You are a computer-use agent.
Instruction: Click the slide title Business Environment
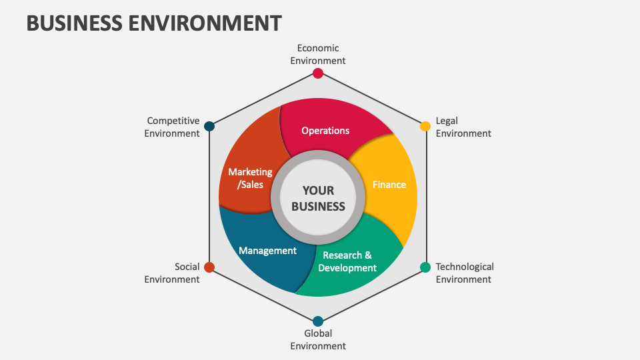click(x=154, y=23)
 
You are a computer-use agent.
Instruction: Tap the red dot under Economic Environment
click(x=318, y=73)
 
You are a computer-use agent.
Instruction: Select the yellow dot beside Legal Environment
click(x=425, y=126)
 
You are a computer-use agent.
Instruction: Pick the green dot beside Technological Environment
click(x=425, y=267)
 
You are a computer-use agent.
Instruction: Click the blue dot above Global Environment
click(x=318, y=321)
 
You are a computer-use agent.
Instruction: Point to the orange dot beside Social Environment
click(x=209, y=267)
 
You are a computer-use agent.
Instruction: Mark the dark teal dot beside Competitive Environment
click(x=209, y=126)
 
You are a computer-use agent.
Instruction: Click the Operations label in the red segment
click(x=325, y=131)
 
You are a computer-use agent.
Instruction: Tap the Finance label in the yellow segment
click(x=389, y=185)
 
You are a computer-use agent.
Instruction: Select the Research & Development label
click(x=347, y=261)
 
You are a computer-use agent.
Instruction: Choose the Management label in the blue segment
click(x=267, y=251)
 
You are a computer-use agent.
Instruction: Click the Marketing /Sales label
click(x=250, y=178)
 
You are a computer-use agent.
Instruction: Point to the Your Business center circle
click(x=319, y=198)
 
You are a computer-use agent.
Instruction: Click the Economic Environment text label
click(x=318, y=54)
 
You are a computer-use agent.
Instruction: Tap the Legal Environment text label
click(x=463, y=127)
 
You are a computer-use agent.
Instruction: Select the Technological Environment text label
click(x=465, y=273)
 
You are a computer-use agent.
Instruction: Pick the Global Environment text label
click(x=318, y=339)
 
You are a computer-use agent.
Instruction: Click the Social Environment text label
click(x=172, y=273)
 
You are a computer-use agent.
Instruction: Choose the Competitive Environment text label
click(x=173, y=127)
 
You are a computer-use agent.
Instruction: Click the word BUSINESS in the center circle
click(x=319, y=206)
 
